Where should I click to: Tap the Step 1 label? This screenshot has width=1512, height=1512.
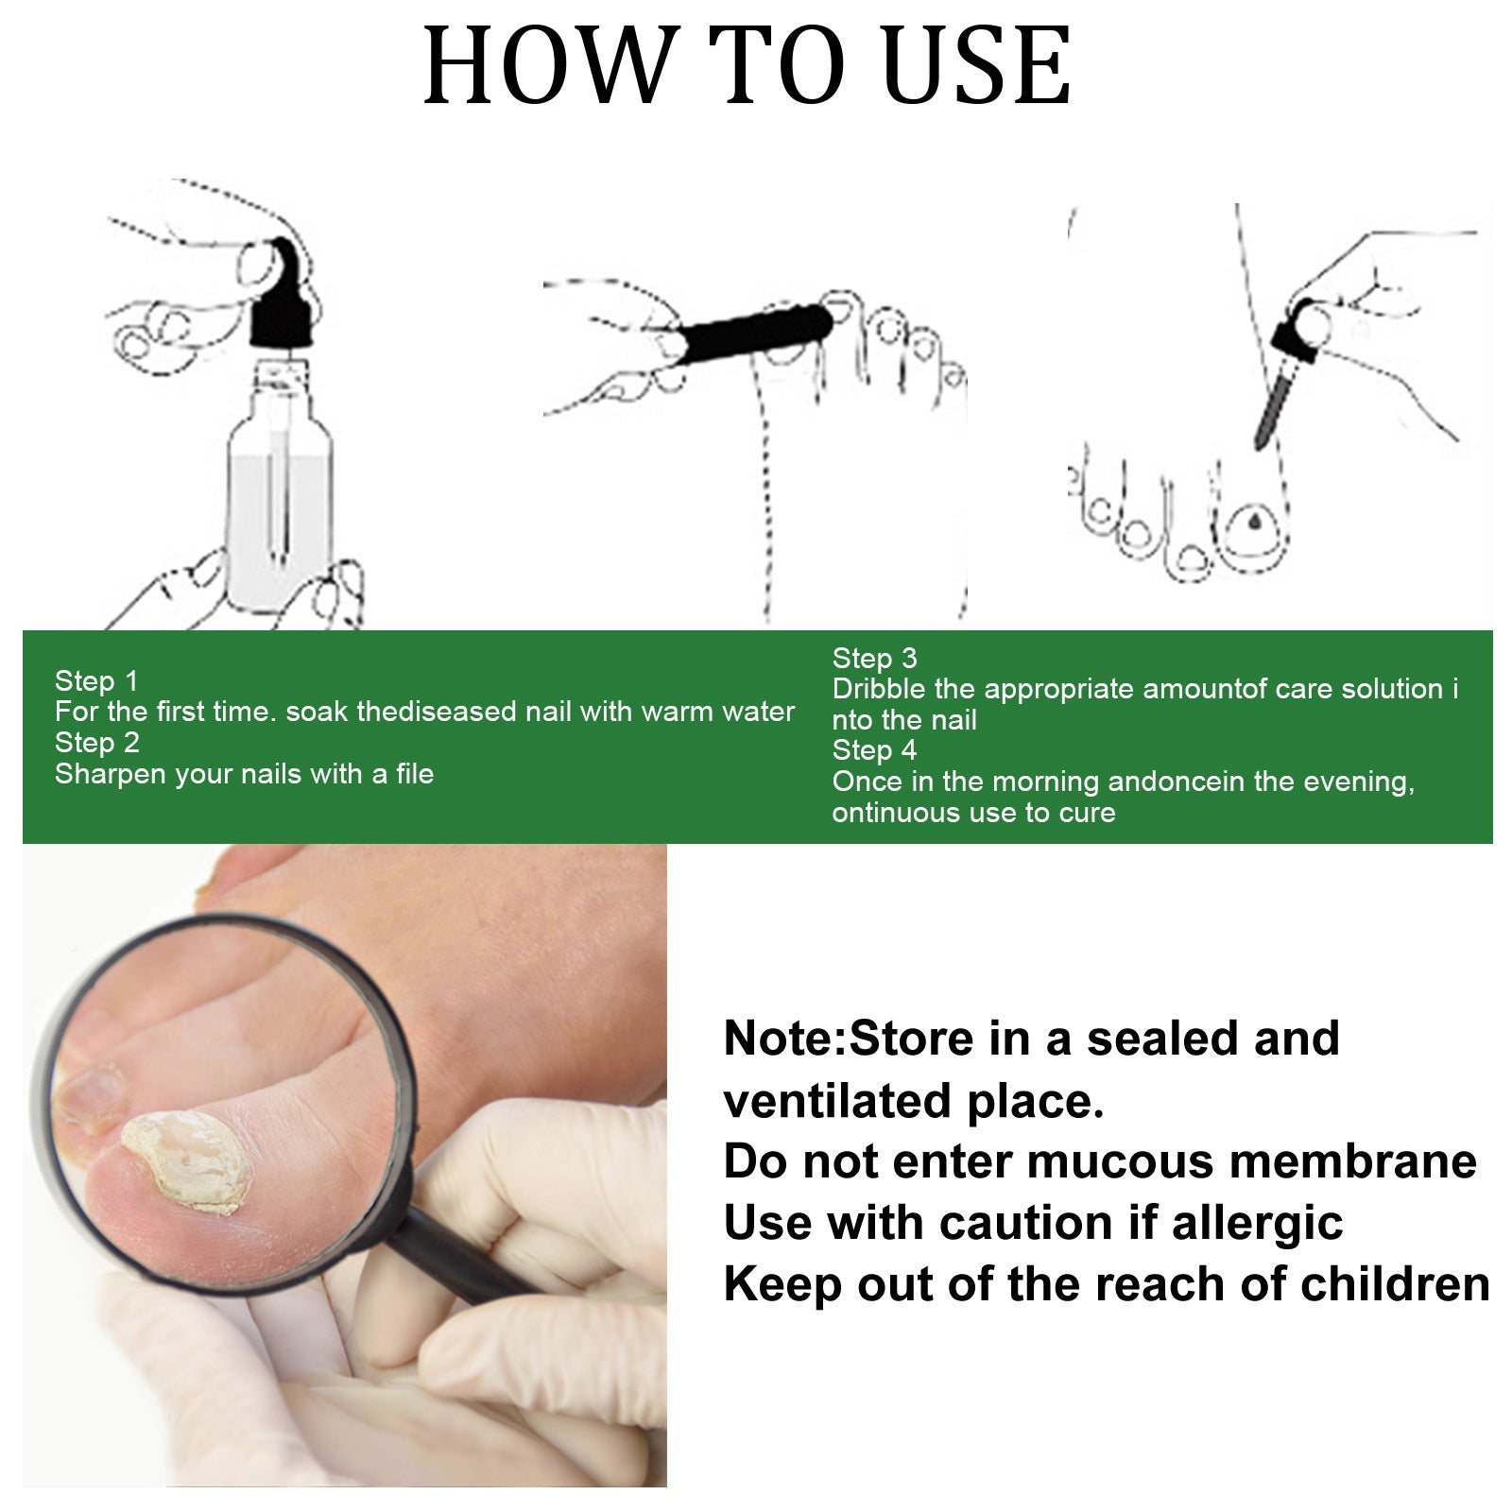96,680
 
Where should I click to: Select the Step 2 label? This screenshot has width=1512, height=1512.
96,743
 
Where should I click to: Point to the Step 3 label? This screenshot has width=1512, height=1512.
874,658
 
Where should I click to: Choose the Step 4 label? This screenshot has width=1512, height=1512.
874,750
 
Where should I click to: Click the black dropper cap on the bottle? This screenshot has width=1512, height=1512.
281,301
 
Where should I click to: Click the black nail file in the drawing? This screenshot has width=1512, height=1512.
756,331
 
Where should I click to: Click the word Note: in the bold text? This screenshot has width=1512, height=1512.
784,1039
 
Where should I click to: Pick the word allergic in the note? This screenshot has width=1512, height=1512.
1257,1223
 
